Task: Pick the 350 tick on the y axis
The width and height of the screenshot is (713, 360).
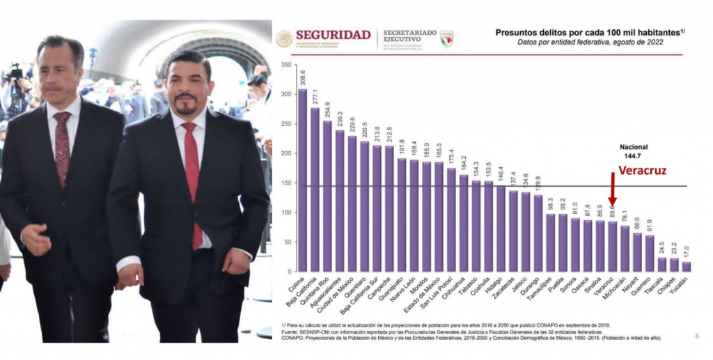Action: (x=285, y=65)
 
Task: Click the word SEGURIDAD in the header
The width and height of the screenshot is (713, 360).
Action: (x=333, y=35)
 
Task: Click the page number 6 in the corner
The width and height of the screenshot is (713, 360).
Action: (x=696, y=336)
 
